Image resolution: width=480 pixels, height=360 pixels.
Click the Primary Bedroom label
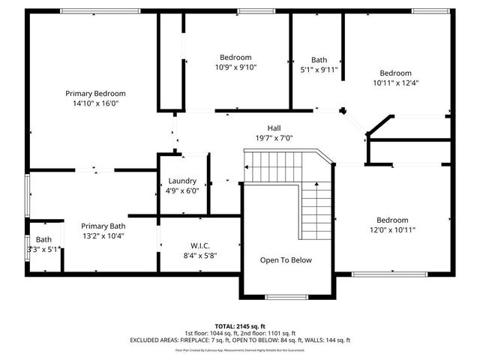click(95, 93)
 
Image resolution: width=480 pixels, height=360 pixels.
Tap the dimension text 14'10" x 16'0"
click(95, 103)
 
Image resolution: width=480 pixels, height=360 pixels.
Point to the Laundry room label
click(182, 181)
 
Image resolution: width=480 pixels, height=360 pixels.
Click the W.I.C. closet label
click(199, 244)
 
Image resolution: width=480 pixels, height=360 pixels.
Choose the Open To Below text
click(285, 260)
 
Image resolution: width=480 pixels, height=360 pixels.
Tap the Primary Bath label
click(103, 226)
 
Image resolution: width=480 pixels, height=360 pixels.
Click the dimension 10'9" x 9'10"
click(235, 67)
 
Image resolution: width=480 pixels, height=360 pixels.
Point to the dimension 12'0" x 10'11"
click(391, 230)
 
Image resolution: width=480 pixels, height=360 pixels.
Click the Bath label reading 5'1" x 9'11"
click(319, 70)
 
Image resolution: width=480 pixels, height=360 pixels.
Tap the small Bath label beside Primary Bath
click(43, 240)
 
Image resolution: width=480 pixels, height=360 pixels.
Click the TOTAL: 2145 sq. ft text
click(241, 326)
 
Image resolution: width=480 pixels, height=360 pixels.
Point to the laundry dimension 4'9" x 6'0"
click(182, 190)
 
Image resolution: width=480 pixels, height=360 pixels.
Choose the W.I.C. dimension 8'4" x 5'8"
click(199, 255)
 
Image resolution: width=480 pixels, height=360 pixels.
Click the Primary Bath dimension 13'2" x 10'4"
click(103, 235)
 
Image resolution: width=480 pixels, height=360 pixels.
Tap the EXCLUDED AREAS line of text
click(241, 340)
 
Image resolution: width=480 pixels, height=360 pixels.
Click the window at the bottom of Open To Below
click(286, 297)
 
